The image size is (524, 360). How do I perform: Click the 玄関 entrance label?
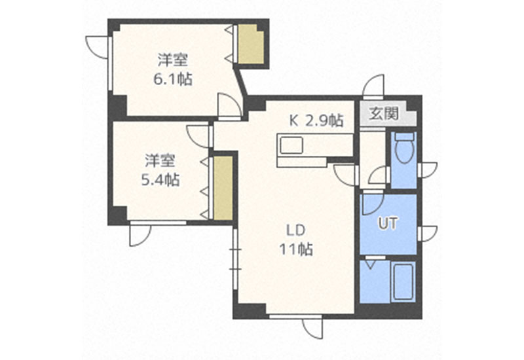click(x=384, y=113)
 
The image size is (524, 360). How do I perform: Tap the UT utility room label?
click(x=388, y=223)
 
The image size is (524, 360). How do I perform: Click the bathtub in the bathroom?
click(x=403, y=282)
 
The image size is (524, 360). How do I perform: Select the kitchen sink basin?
click(x=291, y=145)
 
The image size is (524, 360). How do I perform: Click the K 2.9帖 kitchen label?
click(x=316, y=120)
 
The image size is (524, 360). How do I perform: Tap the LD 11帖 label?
click(x=296, y=240)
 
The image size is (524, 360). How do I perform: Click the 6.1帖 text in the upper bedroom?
click(x=173, y=79)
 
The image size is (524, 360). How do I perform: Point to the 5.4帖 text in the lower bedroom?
click(x=160, y=180)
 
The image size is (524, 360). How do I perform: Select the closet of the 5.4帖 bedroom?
click(x=223, y=187)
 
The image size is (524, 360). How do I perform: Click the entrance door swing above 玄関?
click(x=373, y=86)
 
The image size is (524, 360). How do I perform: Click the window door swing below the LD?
click(x=313, y=328)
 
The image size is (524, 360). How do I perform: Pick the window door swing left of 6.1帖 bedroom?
click(x=97, y=47)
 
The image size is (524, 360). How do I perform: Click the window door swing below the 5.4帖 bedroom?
click(x=140, y=235)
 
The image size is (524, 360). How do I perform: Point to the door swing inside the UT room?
click(x=373, y=204)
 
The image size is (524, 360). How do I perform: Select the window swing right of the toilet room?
click(x=428, y=170)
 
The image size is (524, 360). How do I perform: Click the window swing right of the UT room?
click(x=428, y=234)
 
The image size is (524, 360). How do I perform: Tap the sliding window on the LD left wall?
click(x=235, y=259)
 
